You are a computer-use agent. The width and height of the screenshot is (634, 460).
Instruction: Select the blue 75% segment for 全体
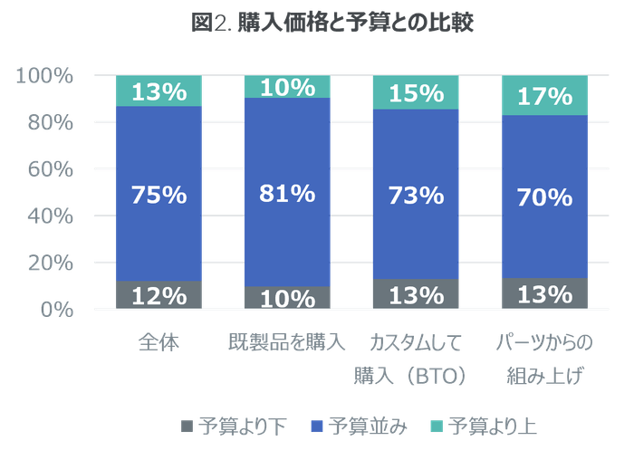158,194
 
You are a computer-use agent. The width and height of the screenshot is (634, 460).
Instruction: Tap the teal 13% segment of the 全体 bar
158,91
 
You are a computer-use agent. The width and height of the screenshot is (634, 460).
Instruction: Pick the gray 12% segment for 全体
158,295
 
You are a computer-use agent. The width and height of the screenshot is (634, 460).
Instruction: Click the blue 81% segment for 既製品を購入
287,192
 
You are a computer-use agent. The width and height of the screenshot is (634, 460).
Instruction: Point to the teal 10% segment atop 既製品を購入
287,87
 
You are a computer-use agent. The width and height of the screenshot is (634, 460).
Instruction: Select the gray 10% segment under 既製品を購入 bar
287,298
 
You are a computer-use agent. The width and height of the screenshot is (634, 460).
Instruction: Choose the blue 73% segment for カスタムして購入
416,194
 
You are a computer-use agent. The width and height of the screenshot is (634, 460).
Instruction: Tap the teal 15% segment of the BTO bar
416,93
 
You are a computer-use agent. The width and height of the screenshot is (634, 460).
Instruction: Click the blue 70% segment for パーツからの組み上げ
544,196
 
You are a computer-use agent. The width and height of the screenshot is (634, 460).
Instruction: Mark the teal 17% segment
544,95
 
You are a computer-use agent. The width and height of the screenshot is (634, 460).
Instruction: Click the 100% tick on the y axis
44,76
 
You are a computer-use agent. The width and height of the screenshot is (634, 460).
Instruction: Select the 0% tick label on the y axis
54,310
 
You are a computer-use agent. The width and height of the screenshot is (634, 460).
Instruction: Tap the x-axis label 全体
159,343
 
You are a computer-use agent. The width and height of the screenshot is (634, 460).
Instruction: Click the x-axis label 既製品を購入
287,343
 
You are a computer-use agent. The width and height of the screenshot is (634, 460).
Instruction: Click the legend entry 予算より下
234,426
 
